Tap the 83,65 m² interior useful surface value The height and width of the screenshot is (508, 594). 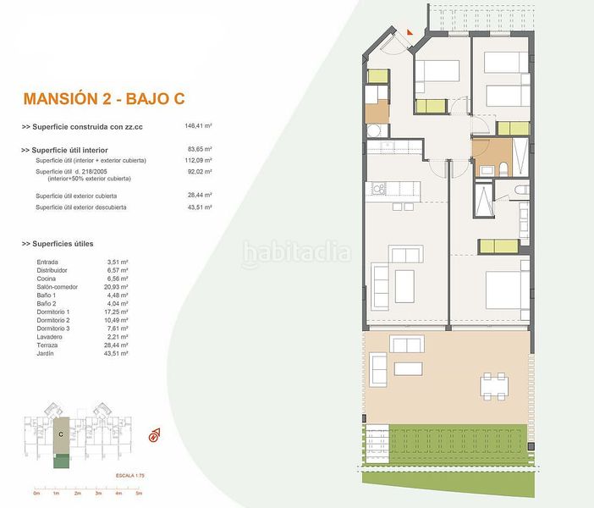click(198, 150)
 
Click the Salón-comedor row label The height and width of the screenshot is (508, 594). click(57, 287)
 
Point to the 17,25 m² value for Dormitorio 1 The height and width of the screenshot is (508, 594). click(115, 312)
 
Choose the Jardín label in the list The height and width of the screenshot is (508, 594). click(46, 353)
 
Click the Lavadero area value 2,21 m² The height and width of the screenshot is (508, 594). click(115, 337)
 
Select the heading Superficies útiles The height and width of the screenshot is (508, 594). click(69, 244)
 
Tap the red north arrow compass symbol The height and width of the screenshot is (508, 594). click(154, 437)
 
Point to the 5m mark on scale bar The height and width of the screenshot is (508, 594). click(139, 493)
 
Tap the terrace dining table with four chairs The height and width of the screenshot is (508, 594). click(496, 386)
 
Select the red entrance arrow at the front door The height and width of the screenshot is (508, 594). click(409, 31)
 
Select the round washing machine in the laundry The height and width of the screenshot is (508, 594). click(373, 130)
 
